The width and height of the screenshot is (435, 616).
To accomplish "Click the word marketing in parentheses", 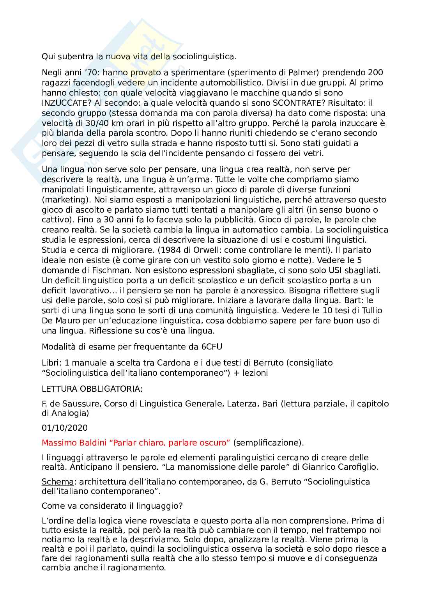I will point(62,200).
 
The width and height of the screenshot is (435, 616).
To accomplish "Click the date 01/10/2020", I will point(65,428).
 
